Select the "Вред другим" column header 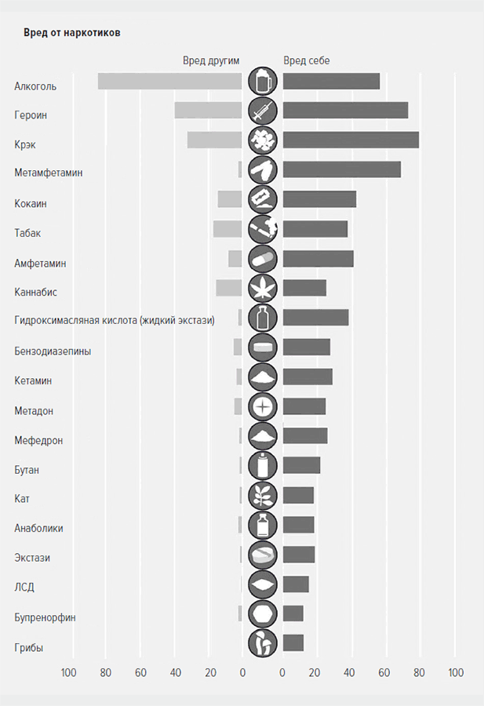[211, 60]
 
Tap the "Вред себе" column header [307, 60]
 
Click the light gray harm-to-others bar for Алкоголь [169, 81]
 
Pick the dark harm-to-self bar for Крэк [351, 140]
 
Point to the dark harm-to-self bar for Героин [345, 111]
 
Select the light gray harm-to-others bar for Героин [208, 111]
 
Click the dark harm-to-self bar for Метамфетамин [341, 169]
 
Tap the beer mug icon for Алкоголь [263, 81]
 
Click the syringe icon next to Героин [263, 111]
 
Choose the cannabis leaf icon [263, 288]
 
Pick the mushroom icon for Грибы [263, 643]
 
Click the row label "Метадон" [34, 410]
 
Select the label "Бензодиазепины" [53, 351]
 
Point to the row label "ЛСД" [24, 588]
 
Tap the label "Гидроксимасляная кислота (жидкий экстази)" [114, 321]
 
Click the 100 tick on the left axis [69, 673]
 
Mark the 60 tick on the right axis [384, 673]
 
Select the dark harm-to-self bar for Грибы [293, 643]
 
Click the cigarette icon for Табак [263, 228]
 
